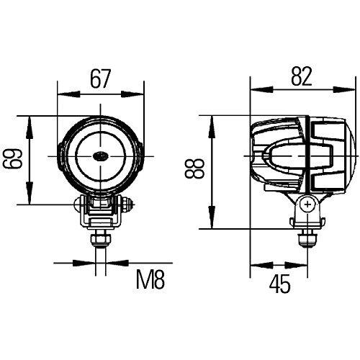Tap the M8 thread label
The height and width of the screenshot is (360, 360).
click(151, 279)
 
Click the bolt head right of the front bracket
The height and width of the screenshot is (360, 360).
click(128, 204)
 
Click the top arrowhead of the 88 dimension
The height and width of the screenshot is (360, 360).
click(212, 120)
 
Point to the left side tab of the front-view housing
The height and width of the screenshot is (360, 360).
click(57, 153)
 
